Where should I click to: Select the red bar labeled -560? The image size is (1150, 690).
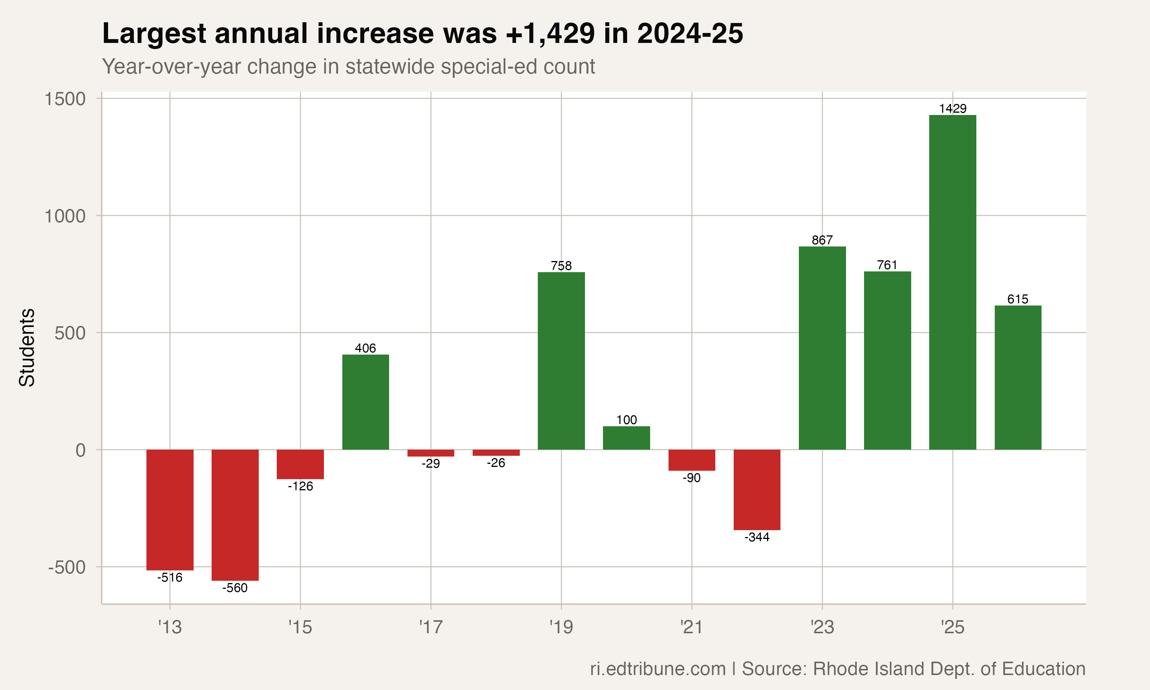(x=235, y=515)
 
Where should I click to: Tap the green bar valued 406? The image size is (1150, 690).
(x=365, y=402)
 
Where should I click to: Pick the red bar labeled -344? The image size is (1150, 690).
(x=757, y=490)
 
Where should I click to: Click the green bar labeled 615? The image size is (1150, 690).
(x=1017, y=378)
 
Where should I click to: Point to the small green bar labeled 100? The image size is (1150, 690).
(x=626, y=438)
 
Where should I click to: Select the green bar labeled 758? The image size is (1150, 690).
(x=561, y=361)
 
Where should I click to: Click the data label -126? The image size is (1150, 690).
(x=300, y=486)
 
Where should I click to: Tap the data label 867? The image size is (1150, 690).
(x=822, y=240)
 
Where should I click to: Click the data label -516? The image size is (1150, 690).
(x=170, y=577)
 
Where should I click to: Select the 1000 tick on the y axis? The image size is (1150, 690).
(x=65, y=216)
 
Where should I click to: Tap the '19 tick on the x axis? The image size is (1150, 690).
(x=561, y=627)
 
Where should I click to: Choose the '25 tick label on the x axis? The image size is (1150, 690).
(x=953, y=627)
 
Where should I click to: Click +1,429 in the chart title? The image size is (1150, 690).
(x=549, y=33)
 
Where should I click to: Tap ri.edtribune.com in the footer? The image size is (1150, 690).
(x=657, y=669)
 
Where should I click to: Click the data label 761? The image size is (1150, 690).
(x=887, y=265)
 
